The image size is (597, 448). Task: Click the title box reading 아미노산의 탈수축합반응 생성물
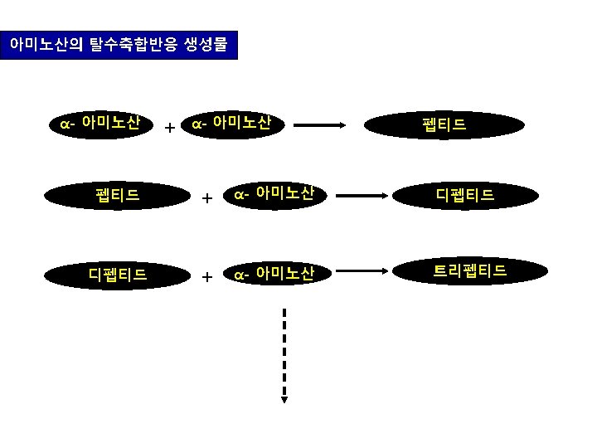point(119,45)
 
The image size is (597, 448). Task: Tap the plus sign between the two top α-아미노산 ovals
point(169,129)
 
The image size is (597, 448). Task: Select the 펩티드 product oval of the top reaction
point(444,125)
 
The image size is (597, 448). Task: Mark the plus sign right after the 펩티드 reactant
point(207,198)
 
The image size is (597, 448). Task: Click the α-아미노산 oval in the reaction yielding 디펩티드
point(273,195)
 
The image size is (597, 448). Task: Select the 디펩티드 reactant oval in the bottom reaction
point(117,274)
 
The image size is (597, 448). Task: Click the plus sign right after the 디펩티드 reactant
point(207,276)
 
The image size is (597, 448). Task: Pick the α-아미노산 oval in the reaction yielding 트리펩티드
point(273,273)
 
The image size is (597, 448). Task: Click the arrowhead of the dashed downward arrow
point(284,397)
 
